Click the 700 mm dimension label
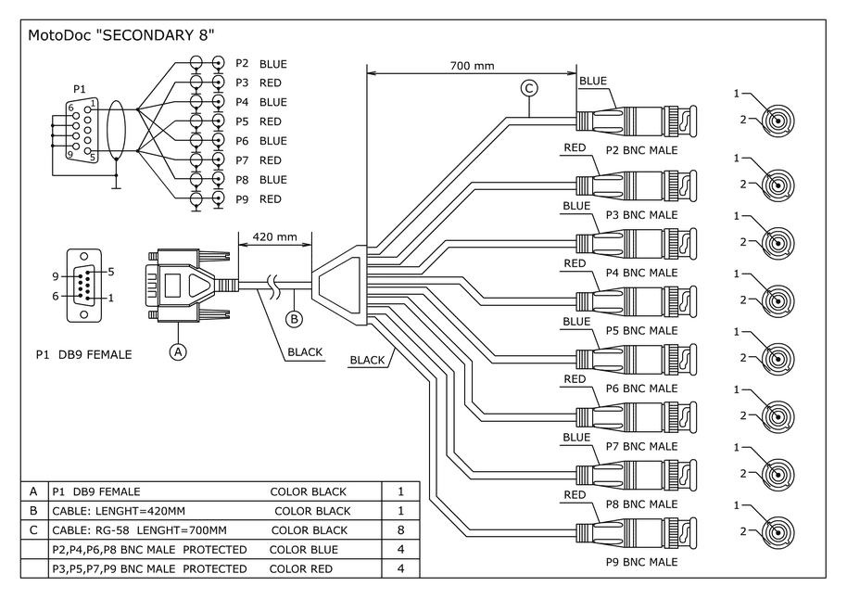pyautogui.click(x=472, y=67)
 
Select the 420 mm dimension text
pyautogui.click(x=275, y=236)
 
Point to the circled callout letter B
pyautogui.click(x=295, y=320)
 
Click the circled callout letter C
pyautogui.click(x=529, y=89)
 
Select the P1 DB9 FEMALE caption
pyautogui.click(x=83, y=354)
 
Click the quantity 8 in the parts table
pyautogui.click(x=400, y=529)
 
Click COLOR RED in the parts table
pyautogui.click(x=301, y=568)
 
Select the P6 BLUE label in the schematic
pyautogui.click(x=260, y=141)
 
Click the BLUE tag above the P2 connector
pyautogui.click(x=593, y=82)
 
